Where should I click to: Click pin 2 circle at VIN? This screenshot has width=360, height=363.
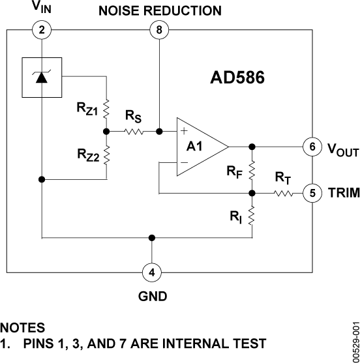[41, 29]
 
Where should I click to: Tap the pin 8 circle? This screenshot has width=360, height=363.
[158, 29]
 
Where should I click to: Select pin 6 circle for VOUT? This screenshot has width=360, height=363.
[313, 147]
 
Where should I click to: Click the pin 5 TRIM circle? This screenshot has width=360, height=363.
[313, 193]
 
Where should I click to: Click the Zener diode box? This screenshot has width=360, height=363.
[42, 78]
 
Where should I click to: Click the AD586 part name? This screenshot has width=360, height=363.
[237, 78]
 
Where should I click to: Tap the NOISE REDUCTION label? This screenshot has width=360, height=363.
[160, 10]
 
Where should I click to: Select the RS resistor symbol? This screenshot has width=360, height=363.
[133, 132]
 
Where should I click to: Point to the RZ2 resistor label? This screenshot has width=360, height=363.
[86, 154]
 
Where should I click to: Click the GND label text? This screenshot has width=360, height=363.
[152, 296]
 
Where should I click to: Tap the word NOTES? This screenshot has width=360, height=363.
[23, 327]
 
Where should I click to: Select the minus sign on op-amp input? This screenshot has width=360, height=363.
[184, 162]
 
